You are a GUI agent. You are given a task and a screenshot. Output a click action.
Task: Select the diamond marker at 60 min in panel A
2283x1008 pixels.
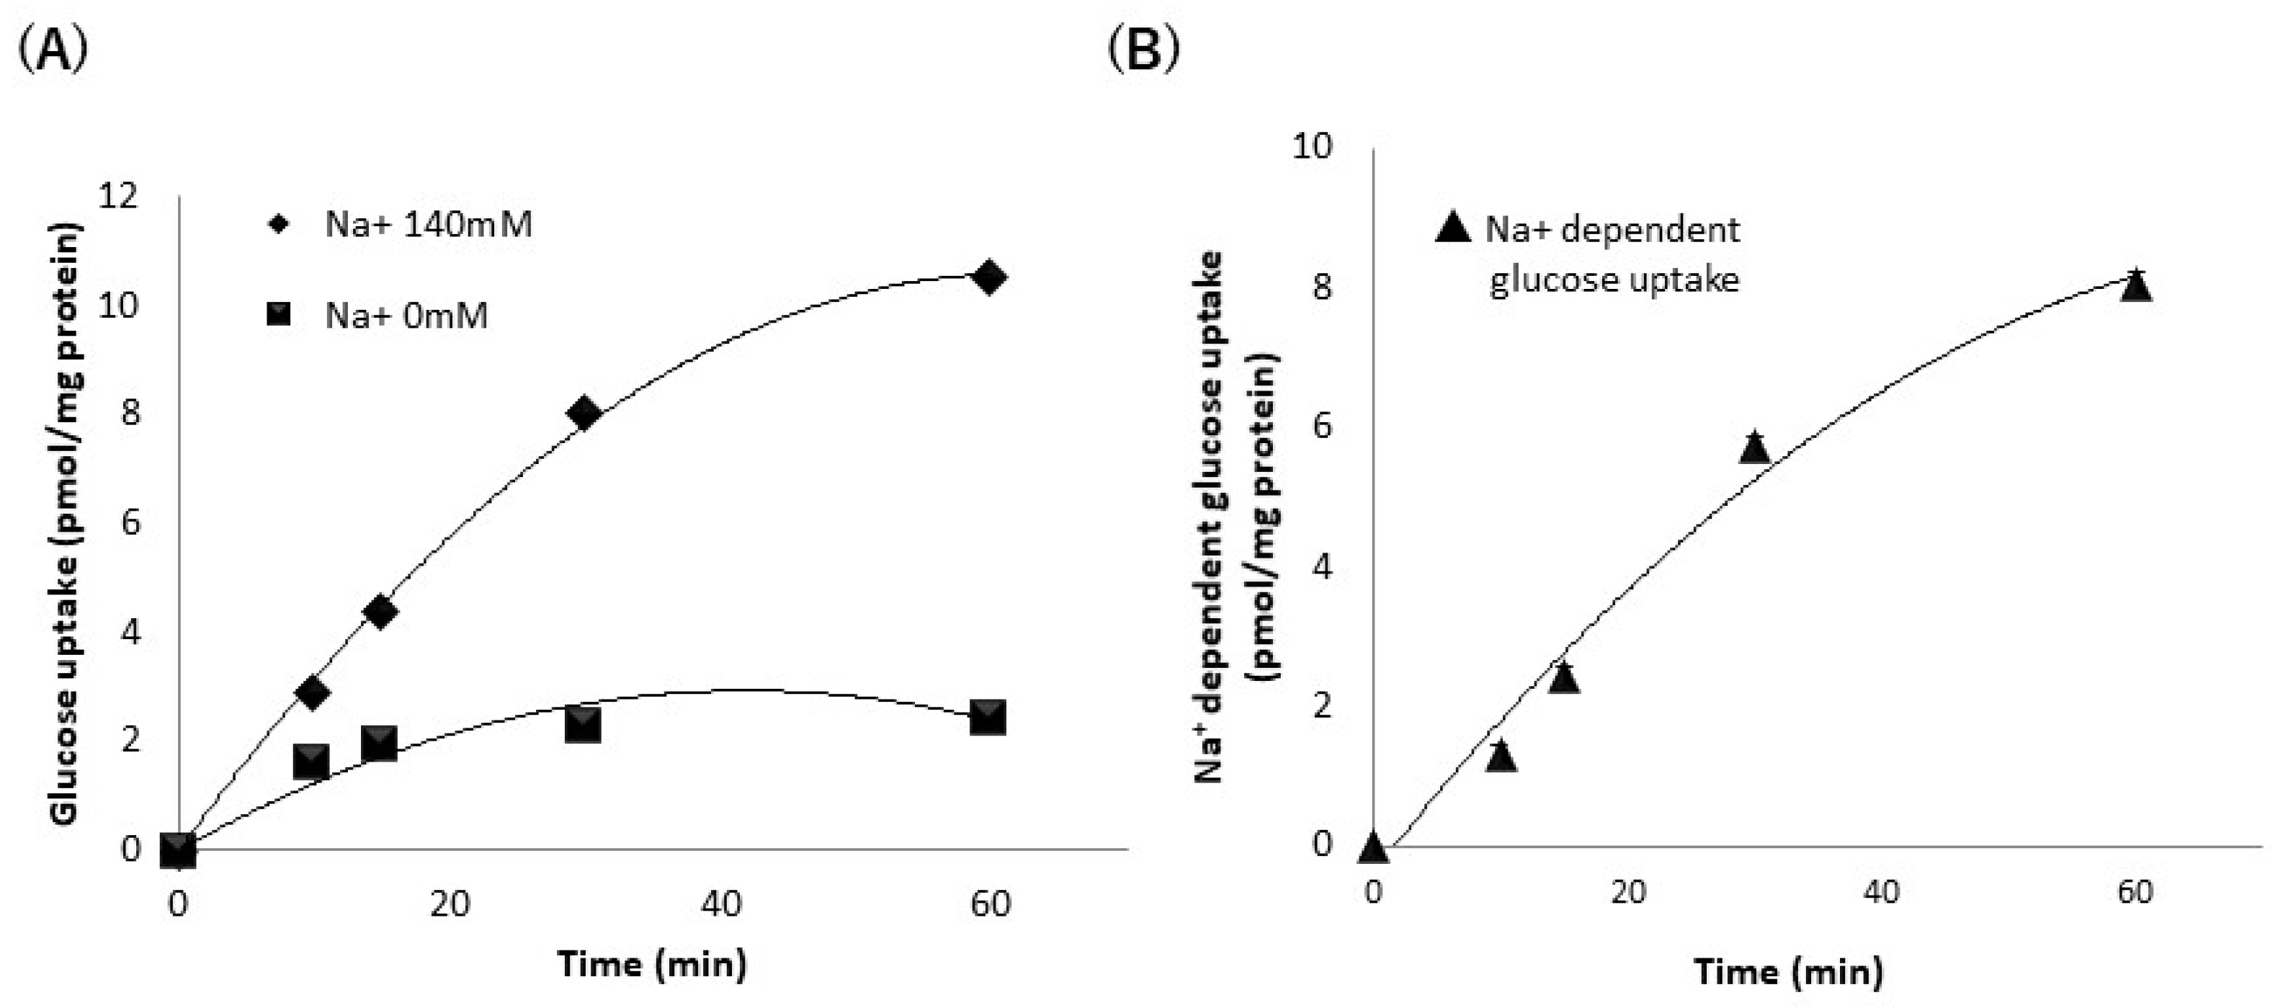988,277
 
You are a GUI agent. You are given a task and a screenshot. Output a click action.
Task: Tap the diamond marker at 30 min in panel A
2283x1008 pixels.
583,413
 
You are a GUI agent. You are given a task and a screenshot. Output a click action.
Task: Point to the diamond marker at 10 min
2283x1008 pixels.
312,692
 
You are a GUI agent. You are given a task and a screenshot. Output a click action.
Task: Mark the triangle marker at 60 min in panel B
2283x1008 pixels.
2137,286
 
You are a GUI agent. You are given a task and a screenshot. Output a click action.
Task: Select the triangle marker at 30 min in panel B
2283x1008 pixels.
1754,447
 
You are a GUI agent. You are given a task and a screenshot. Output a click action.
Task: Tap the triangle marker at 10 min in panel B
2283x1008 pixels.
1501,757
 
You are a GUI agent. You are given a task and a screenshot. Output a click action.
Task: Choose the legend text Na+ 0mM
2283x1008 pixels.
406,316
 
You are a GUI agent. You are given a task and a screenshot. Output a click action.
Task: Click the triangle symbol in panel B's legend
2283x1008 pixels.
1452,228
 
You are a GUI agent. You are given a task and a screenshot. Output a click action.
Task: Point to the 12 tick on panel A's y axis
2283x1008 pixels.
119,196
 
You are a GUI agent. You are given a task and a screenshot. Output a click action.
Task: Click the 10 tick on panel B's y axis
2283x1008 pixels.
1312,146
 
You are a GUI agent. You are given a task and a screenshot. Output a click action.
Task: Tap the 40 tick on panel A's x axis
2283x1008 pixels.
720,904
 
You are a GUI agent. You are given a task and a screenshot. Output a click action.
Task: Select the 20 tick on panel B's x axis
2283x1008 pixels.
1627,892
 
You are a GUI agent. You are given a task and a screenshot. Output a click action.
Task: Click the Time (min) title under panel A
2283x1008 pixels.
652,963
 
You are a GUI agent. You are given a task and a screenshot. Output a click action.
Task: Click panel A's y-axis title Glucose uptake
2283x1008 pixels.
66,523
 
